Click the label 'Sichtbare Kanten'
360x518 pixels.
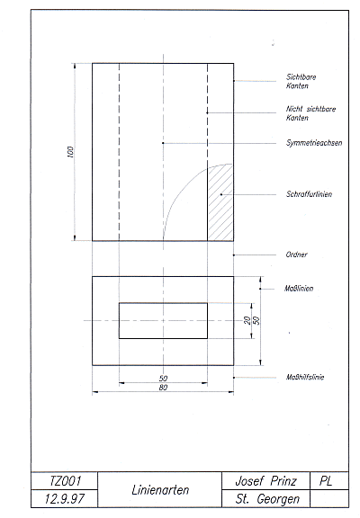[301, 81]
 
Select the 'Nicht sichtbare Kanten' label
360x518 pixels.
[310, 113]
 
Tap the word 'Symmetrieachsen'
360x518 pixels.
[314, 143]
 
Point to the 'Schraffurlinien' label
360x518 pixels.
[309, 194]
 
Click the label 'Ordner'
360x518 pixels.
[296, 255]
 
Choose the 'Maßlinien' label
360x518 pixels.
[299, 289]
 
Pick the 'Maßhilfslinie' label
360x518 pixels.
[305, 377]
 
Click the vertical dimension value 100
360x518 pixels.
[70, 152]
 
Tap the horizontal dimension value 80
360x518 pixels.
[163, 388]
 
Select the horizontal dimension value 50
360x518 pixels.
[163, 379]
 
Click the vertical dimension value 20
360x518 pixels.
[247, 320]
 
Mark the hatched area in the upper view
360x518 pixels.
[220, 203]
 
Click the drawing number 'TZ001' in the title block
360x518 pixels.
[65, 481]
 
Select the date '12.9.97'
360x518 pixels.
[65, 499]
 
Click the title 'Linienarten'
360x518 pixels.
[160, 490]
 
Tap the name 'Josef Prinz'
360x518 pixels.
[265, 481]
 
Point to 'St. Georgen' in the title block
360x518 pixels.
[267, 499]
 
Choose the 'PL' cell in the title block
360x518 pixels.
[326, 481]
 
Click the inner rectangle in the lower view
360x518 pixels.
[163, 303]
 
